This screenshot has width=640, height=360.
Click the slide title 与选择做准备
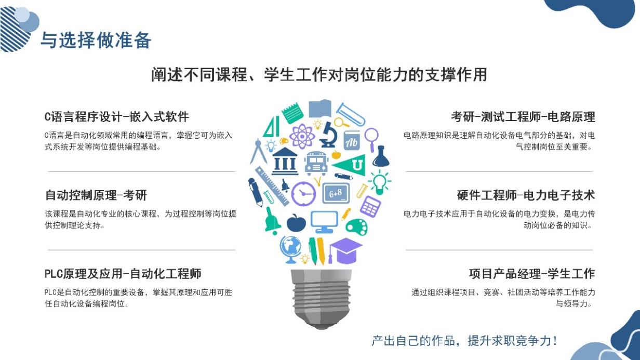96,40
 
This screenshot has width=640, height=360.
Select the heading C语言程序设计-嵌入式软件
116,117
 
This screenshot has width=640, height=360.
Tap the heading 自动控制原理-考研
96,195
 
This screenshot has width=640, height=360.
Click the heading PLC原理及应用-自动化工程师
123,274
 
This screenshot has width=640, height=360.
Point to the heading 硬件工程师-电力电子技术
526,195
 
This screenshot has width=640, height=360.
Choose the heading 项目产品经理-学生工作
532,274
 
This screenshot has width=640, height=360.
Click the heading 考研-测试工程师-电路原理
523,117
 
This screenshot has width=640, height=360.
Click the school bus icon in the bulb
316,163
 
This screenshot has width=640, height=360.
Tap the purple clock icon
303,194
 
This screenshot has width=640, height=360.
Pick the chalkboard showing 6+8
336,193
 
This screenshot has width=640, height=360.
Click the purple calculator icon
370,206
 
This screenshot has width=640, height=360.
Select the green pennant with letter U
350,165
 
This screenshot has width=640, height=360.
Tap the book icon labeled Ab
351,141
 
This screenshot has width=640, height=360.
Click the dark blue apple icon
296,223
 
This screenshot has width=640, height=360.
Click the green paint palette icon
356,227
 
